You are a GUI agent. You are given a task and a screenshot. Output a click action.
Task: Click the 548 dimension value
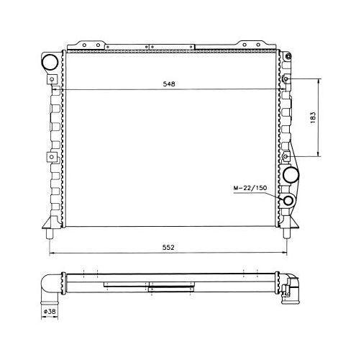pos(169,84)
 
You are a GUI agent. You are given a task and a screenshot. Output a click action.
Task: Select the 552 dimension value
pos(168,248)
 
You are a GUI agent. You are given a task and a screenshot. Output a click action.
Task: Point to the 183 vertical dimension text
pos(313,117)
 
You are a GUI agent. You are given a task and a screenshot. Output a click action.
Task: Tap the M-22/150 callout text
pos(250,188)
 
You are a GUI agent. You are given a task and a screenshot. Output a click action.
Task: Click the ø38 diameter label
pos(50,311)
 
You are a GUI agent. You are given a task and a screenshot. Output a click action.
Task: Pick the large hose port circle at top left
pos(50,62)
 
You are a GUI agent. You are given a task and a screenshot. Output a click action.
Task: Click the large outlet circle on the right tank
pos(291,175)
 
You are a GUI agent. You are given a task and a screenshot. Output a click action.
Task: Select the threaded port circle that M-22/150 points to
pos(288,201)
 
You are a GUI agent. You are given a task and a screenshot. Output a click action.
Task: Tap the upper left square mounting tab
pos(52,79)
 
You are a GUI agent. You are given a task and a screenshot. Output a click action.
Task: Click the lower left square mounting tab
pos(52,157)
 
